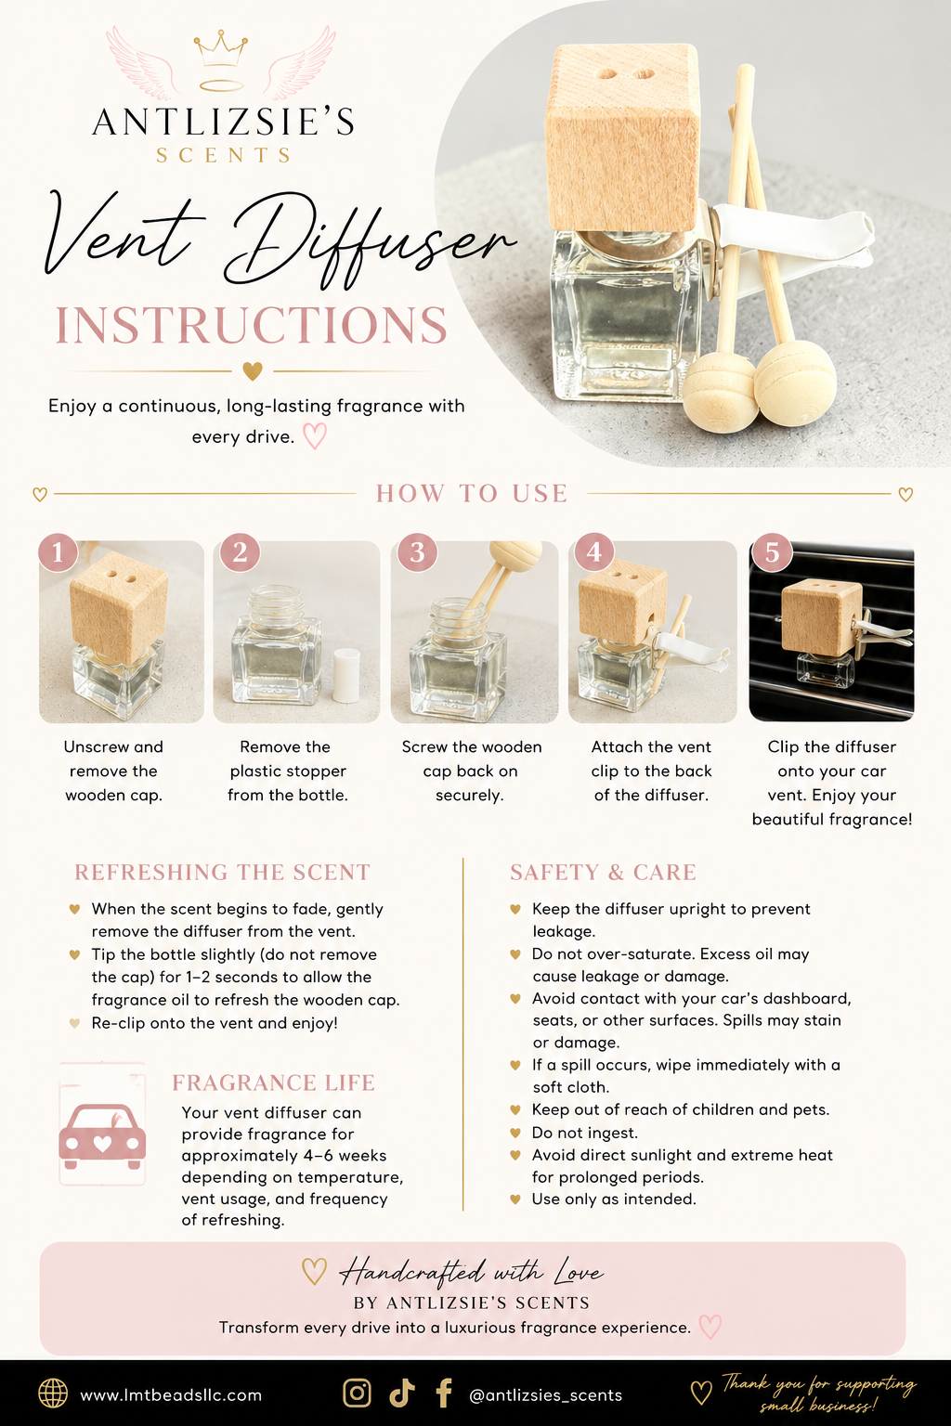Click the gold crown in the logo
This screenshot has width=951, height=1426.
[x=220, y=48]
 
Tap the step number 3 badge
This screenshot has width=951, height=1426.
[x=417, y=552]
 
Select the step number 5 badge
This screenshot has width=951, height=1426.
[x=772, y=552]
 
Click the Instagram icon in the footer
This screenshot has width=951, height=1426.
[x=358, y=1393]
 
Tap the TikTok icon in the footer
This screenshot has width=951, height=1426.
[x=402, y=1393]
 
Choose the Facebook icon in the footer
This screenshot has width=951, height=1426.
[x=445, y=1393]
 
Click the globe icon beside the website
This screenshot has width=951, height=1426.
[x=53, y=1394]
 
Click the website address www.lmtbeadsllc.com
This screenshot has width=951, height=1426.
[x=171, y=1395]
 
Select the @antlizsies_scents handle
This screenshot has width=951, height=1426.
[x=545, y=1395]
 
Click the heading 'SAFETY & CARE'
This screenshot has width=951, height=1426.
[x=603, y=872]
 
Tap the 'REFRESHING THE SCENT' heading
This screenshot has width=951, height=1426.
[x=222, y=872]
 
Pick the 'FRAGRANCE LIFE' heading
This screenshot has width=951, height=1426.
[x=273, y=1082]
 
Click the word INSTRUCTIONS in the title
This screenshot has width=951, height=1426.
[x=252, y=325]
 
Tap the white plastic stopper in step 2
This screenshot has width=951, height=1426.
[x=346, y=676]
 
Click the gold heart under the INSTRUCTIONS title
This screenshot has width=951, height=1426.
[x=253, y=370]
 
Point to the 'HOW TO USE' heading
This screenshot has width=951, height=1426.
[x=472, y=493]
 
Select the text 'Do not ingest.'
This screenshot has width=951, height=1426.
[x=585, y=1133]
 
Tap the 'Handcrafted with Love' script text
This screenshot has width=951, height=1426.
[x=472, y=1273]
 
